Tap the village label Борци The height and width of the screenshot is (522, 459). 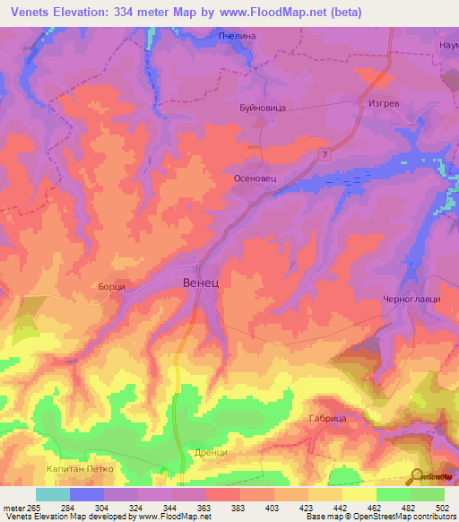(x=110, y=287)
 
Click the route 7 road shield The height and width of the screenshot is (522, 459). (x=323, y=156)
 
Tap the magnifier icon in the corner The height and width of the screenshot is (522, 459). (x=418, y=476)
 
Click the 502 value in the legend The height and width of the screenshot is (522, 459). (x=444, y=507)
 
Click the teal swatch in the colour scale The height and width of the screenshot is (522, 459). (x=53, y=494)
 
